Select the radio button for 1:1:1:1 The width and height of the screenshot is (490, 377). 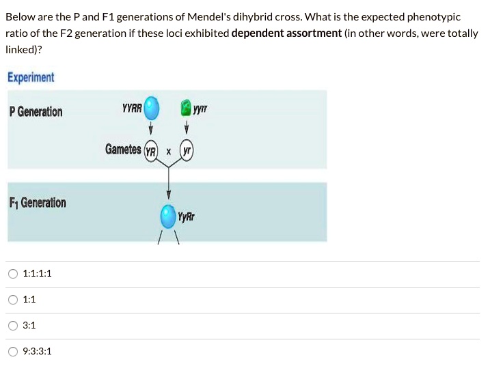(x=13, y=274)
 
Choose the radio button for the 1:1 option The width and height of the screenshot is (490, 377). (x=13, y=300)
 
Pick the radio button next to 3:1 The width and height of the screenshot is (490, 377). (x=13, y=326)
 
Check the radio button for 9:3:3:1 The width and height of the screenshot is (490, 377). (x=13, y=352)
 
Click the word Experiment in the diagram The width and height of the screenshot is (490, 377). (x=31, y=77)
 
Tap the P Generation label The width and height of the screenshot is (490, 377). (x=36, y=111)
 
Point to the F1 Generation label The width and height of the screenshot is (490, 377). (x=38, y=203)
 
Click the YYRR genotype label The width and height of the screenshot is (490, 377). (x=132, y=108)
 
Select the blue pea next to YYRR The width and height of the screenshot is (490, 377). (x=152, y=108)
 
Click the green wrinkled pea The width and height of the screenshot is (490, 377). (x=186, y=108)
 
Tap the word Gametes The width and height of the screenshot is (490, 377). (x=123, y=149)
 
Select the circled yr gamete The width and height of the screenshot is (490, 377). (x=186, y=151)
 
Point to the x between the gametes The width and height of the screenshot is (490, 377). (x=169, y=151)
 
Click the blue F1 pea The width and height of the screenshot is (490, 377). (x=167, y=217)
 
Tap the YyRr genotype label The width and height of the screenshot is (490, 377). (x=187, y=217)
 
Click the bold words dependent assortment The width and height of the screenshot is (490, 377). (x=286, y=33)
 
